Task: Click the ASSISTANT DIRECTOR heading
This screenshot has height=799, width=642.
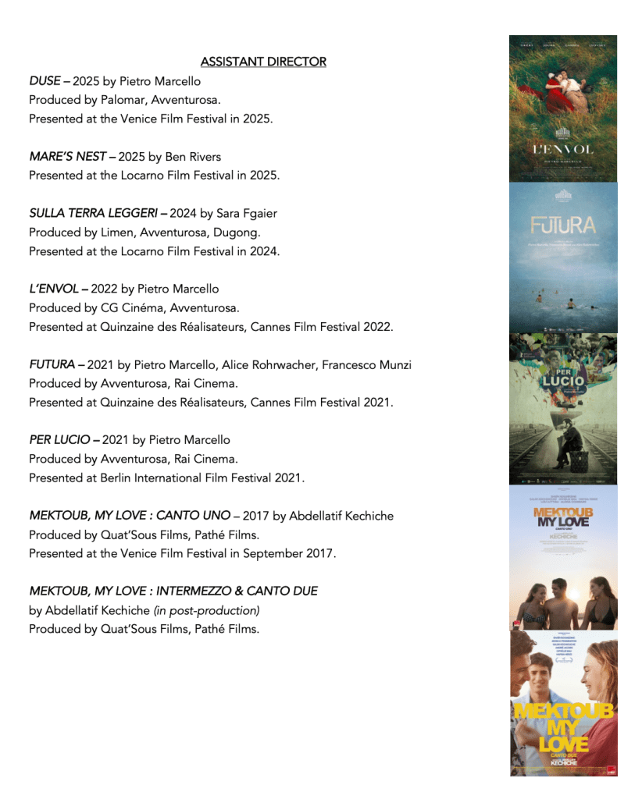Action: [x=263, y=62]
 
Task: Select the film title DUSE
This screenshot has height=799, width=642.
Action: [x=45, y=81]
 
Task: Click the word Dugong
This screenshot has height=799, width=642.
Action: [x=237, y=233]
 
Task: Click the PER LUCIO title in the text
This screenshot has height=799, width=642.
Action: [x=59, y=440]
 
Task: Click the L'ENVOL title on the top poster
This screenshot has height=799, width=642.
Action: [x=562, y=149]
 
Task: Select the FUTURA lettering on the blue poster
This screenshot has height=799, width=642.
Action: [x=562, y=226]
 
